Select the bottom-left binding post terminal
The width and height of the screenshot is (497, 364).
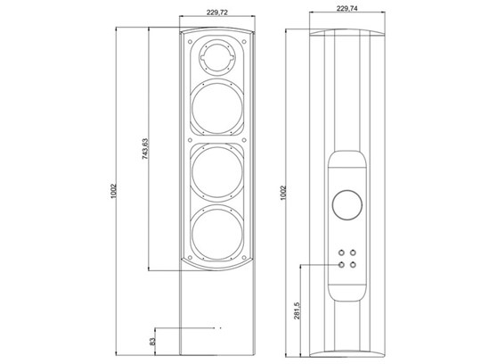341,264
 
